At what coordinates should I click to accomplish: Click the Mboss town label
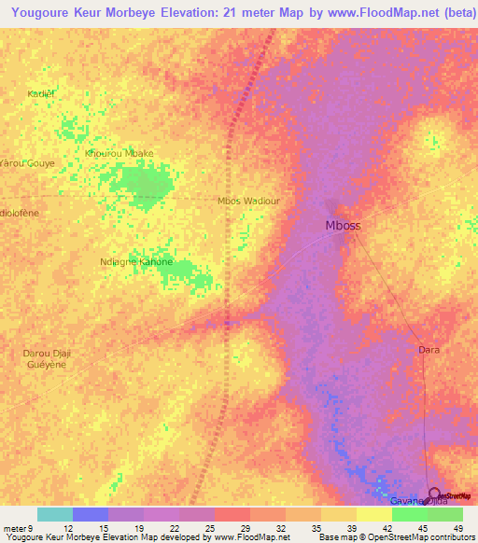click(x=343, y=226)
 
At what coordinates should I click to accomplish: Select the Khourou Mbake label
click(x=119, y=153)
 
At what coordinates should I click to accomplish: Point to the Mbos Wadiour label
click(x=248, y=201)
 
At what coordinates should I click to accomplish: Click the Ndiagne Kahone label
click(x=136, y=262)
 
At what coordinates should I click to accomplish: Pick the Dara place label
click(x=429, y=350)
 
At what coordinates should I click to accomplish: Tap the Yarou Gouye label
click(x=28, y=162)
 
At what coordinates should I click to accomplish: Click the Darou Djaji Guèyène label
click(x=46, y=359)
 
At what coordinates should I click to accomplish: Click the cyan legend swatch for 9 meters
click(x=55, y=514)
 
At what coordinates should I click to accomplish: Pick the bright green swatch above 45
click(x=410, y=514)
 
